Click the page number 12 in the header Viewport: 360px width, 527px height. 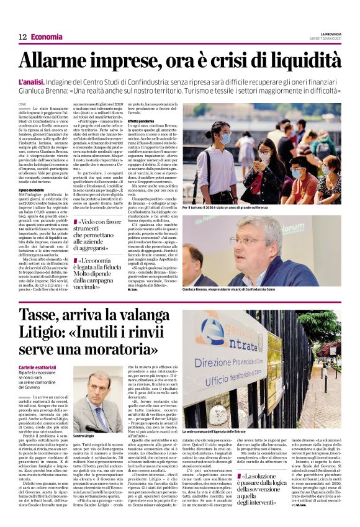(x=22, y=37)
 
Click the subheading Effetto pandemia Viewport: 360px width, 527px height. (x=142, y=120)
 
